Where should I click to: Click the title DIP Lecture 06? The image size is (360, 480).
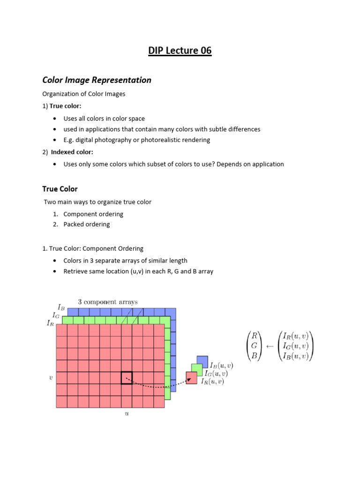(x=180, y=51)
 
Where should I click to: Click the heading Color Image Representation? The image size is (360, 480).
(x=97, y=80)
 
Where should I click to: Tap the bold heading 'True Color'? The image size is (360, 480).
(x=60, y=189)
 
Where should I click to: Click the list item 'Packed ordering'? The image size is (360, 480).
(x=87, y=224)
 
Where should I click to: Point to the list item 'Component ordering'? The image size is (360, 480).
(x=93, y=214)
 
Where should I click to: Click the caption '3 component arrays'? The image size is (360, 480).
(x=108, y=302)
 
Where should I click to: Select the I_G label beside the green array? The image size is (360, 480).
(x=56, y=315)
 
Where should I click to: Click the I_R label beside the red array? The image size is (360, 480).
(x=50, y=322)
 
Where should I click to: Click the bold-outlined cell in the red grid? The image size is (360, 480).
(x=127, y=377)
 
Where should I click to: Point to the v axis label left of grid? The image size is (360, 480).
(x=51, y=377)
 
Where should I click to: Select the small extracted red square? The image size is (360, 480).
(x=191, y=378)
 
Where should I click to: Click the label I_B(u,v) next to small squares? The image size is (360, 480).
(x=222, y=365)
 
